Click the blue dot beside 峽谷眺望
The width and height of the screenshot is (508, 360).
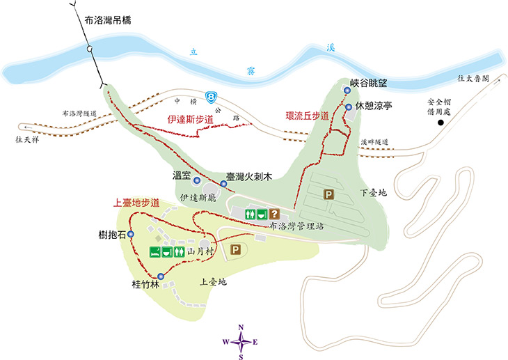pyautogui.click(x=347, y=90)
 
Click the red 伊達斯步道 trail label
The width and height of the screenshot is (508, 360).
pyautogui.click(x=189, y=119)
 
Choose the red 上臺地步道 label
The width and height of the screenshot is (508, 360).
pyautogui.click(x=136, y=203)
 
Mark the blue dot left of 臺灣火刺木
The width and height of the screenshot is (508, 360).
pyautogui.click(x=223, y=184)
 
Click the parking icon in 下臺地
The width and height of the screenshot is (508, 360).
pyautogui.click(x=328, y=196)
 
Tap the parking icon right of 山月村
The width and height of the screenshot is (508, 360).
pyautogui.click(x=235, y=249)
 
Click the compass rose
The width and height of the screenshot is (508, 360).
pyautogui.click(x=241, y=341)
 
